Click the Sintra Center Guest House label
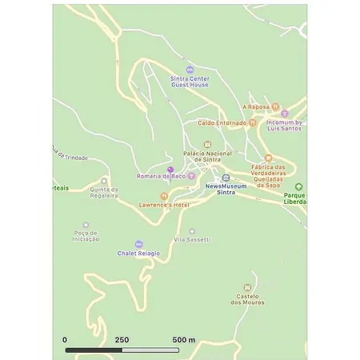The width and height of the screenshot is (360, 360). (190, 82)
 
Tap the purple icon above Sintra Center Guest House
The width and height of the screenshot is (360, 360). (190, 70)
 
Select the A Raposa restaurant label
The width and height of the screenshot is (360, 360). (255, 106)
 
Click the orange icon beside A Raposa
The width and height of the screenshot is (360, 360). (275, 106)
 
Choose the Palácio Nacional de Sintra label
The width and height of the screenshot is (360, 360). (207, 156)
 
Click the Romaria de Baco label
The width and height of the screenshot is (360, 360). (161, 176)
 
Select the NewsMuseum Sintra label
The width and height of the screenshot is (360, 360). (226, 190)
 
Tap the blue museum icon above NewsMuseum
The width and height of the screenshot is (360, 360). (226, 178)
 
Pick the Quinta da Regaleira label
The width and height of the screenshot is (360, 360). (104, 192)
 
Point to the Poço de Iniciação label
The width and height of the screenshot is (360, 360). (86, 236)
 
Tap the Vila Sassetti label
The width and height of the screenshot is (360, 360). (192, 240)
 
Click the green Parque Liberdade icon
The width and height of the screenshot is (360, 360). (299, 187)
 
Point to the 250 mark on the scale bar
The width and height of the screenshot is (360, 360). (122, 340)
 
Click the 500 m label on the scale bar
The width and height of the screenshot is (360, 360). (184, 340)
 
